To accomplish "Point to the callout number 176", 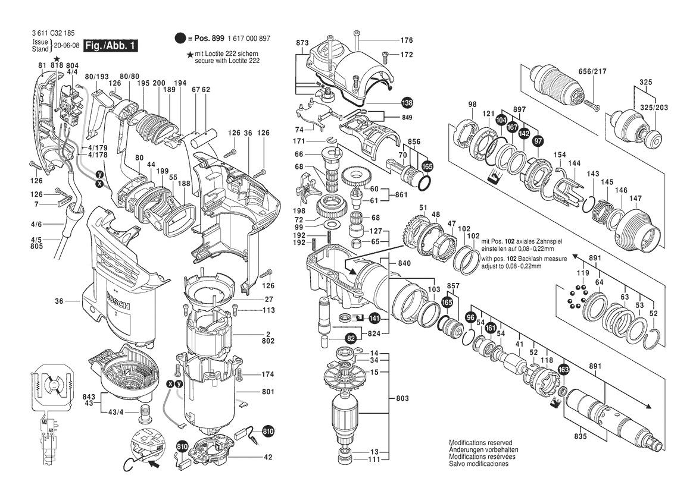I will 406,40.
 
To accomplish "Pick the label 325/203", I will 654,108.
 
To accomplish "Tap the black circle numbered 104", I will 501,120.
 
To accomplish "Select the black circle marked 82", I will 351,338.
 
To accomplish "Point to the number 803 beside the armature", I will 403,397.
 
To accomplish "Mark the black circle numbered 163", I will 563,370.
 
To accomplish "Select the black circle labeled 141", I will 374,318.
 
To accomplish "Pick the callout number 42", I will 268,457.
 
